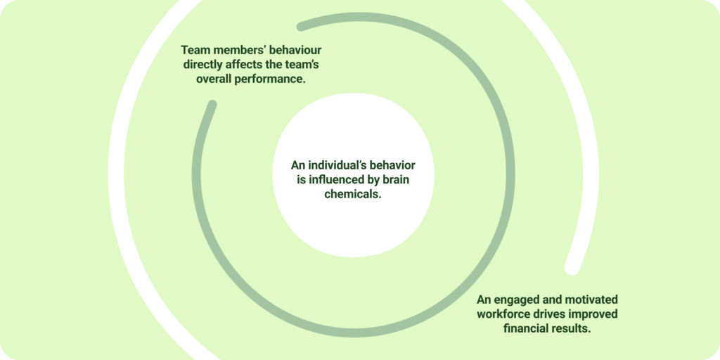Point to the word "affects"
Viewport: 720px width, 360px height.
coord(255,65)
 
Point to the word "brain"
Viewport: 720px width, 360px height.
coord(401,181)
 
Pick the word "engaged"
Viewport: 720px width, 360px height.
coord(517,300)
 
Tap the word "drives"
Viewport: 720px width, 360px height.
coord(560,314)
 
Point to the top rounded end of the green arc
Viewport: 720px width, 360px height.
coord(302,26)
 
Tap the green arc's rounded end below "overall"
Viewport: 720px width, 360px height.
coord(211,105)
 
